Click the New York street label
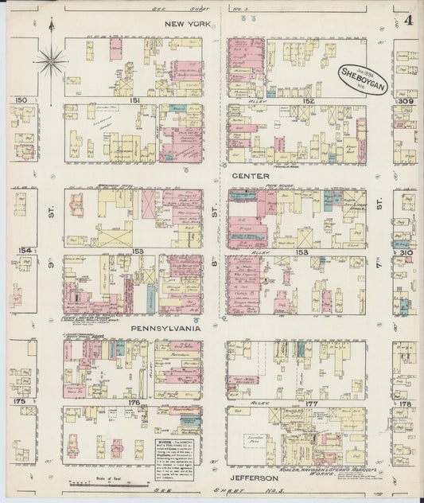[x=187, y=25]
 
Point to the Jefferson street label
[x=254, y=478]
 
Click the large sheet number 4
[x=407, y=20]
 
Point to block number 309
[x=406, y=101]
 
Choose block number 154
[x=25, y=250]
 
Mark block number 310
[x=406, y=252]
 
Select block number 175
[x=19, y=401]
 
